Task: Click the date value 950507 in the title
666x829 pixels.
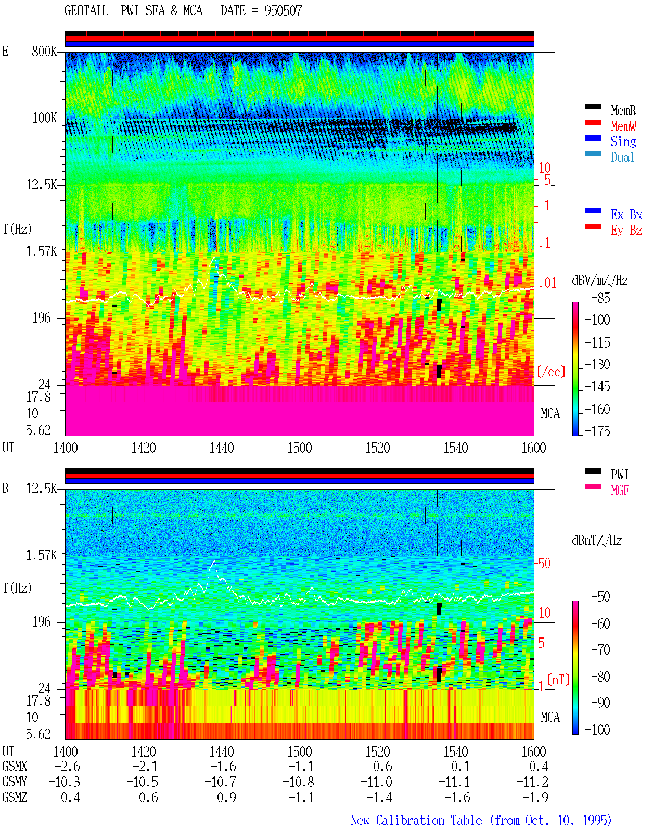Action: click(x=283, y=11)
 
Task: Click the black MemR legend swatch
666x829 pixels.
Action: click(x=593, y=107)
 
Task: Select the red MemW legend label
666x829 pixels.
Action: click(x=623, y=126)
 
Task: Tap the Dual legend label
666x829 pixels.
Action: click(x=623, y=157)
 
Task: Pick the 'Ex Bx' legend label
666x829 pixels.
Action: click(x=626, y=214)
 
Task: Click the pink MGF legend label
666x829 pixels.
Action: click(x=620, y=490)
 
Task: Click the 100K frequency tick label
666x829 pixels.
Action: click(x=44, y=118)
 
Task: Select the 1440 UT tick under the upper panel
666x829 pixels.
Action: click(x=222, y=448)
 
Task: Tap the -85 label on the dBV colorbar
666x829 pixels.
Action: click(x=600, y=298)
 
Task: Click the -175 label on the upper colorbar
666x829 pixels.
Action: click(x=597, y=431)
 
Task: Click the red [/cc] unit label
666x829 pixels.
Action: click(x=551, y=372)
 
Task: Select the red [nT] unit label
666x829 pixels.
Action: click(x=558, y=679)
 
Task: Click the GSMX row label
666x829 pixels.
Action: click(x=15, y=766)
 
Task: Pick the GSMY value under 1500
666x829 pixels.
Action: click(x=299, y=782)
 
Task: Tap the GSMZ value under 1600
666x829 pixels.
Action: click(x=536, y=797)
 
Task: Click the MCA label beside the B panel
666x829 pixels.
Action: click(x=550, y=717)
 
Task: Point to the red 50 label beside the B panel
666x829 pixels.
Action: click(x=544, y=564)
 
